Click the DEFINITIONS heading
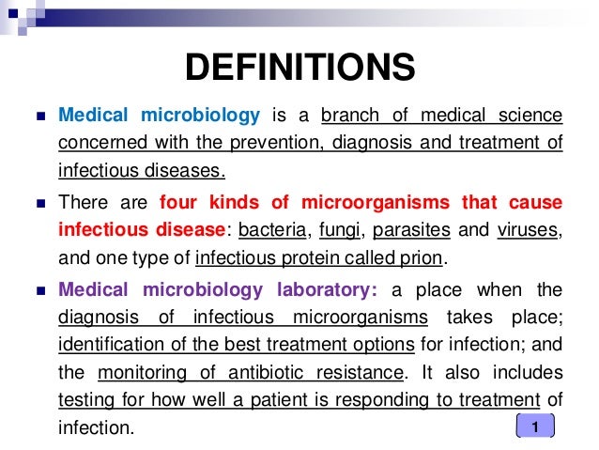(x=299, y=68)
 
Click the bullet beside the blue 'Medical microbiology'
(x=38, y=117)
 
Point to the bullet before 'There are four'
(x=38, y=203)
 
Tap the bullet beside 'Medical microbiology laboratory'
(x=38, y=288)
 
